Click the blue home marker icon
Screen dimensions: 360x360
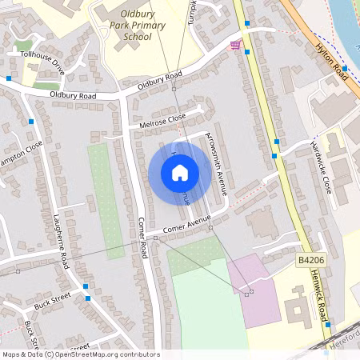179,172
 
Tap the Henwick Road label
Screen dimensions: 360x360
323,297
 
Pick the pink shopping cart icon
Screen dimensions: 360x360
234,45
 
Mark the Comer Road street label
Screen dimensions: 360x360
142,238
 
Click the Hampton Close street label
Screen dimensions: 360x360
21,156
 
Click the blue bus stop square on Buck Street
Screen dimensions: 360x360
86,286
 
